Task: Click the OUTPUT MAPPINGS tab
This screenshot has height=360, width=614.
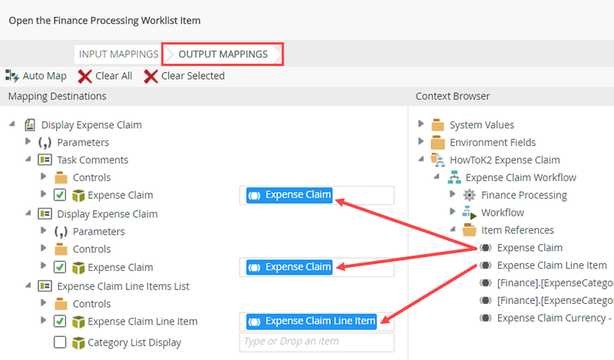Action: [x=223, y=54]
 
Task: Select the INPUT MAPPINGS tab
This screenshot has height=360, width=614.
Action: [x=118, y=54]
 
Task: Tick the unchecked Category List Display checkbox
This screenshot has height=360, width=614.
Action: [x=60, y=342]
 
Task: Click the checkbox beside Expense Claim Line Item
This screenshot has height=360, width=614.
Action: [x=60, y=322]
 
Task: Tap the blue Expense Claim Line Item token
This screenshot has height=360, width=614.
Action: [x=312, y=322]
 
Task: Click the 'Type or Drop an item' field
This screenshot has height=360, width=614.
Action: [x=316, y=342]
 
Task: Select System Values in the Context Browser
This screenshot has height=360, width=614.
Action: [x=481, y=125]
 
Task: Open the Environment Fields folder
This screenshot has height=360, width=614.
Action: [x=492, y=142]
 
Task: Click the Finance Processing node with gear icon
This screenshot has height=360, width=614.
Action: [x=523, y=195]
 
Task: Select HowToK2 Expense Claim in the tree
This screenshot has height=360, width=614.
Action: [x=503, y=160]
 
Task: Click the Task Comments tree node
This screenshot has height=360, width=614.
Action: [x=92, y=160]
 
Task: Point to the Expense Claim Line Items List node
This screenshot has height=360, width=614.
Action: [x=123, y=286]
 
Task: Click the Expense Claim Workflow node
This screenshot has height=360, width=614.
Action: [x=520, y=177]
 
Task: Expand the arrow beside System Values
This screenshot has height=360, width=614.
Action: [x=421, y=125]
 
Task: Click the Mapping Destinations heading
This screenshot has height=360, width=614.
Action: [x=58, y=96]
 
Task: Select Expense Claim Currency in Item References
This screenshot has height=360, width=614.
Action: [x=553, y=318]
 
